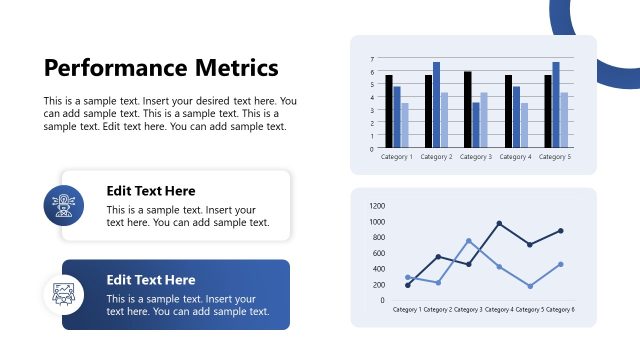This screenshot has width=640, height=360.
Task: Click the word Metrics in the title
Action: (239, 68)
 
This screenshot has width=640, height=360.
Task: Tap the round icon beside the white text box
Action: (63, 205)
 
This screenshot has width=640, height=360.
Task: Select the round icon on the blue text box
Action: (63, 294)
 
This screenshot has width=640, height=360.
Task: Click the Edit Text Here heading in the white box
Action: (151, 191)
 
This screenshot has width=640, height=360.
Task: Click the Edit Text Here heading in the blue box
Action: (151, 280)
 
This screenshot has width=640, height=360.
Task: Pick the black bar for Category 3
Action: (468, 109)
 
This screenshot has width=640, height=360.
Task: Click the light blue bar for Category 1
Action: (405, 125)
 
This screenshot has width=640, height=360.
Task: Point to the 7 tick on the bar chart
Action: (373, 60)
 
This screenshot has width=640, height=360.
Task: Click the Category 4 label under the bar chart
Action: (516, 157)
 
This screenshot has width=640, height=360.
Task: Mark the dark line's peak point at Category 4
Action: (499, 223)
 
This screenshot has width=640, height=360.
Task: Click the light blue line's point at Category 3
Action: (469, 241)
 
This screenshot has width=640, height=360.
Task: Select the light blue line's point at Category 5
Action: (530, 286)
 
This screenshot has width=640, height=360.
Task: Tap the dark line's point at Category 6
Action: (561, 231)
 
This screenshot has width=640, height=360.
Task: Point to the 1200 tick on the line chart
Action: (377, 206)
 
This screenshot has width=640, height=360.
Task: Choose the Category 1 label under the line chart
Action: (407, 310)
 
